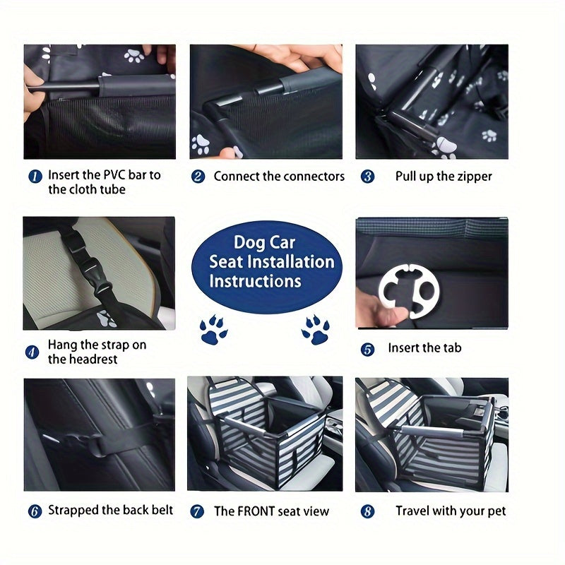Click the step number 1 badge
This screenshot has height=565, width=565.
[35, 177]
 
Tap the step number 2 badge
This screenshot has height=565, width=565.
[198, 177]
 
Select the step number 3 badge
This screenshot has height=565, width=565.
[367, 177]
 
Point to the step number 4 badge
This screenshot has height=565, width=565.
[32, 352]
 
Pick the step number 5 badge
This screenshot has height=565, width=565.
[367, 350]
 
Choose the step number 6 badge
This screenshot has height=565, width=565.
[35, 511]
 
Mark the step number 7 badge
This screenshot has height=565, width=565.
[197, 511]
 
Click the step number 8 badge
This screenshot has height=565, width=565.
[367, 511]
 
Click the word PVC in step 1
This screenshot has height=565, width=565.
[114, 174]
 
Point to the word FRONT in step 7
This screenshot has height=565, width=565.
[256, 511]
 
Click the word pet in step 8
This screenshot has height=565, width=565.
[497, 511]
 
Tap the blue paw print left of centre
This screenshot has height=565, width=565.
[214, 329]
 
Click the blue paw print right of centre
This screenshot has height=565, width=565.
[316, 329]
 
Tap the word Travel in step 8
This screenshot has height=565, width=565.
[412, 511]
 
